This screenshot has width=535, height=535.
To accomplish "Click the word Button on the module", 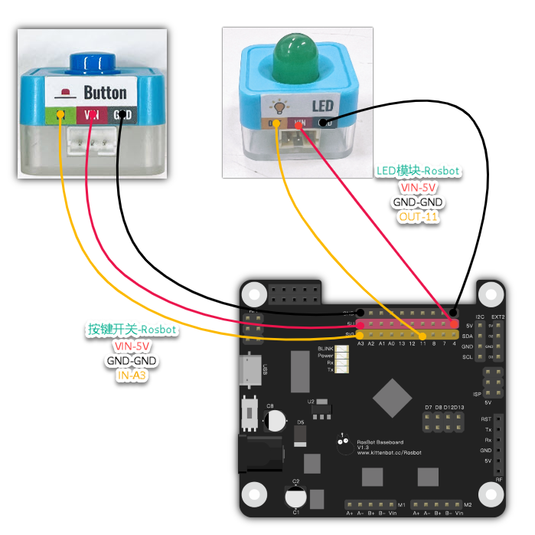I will coord(105,94).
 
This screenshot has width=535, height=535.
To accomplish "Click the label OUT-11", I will coord(419,217).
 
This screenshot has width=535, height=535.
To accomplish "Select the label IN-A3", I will coord(132,376).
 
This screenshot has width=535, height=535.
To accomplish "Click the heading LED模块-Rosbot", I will coord(419,171).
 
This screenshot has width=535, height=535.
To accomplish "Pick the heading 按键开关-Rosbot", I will coord(132,330).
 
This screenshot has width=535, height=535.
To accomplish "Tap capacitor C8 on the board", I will coord(274,418).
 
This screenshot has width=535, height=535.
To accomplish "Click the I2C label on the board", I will coord(479,317).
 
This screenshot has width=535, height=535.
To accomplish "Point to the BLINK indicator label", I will coord(325,349).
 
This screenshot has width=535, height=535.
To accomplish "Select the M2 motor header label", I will coord(468,504).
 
